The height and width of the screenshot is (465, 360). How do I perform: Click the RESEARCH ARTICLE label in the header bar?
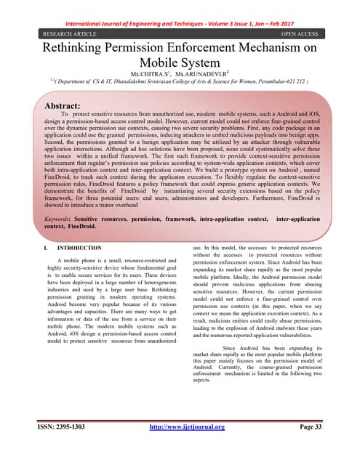point(63,33)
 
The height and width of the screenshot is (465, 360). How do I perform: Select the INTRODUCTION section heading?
point(80,248)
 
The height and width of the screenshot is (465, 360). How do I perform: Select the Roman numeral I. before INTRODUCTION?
point(46,248)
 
